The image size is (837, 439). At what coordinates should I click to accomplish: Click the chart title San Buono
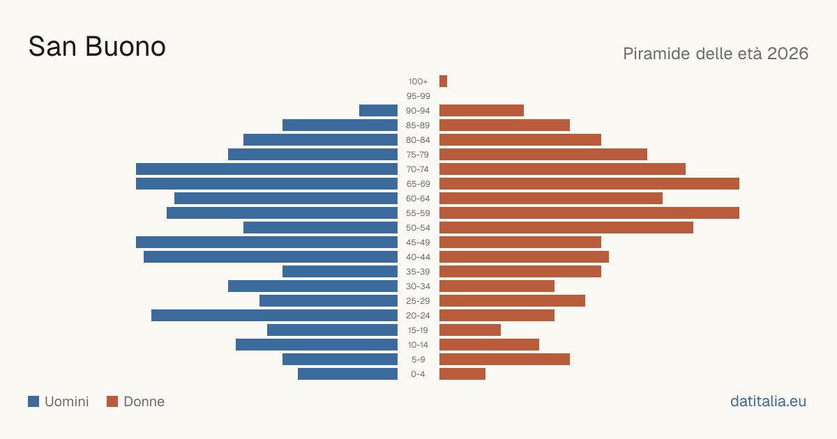[97, 47]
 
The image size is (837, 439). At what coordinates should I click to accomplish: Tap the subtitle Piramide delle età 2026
[716, 54]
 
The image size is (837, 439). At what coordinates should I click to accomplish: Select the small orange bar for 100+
[443, 81]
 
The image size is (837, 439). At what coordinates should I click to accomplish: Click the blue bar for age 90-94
[378, 111]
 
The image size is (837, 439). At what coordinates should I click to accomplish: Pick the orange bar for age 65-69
[589, 184]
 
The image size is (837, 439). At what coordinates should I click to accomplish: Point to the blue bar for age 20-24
[274, 316]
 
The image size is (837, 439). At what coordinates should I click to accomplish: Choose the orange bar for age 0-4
[462, 374]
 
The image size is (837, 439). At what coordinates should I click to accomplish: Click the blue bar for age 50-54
[320, 228]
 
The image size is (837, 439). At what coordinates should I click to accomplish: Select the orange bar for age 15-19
[470, 330]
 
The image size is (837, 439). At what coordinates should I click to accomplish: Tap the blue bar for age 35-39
[340, 271]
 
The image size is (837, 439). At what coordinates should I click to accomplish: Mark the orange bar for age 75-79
[543, 155]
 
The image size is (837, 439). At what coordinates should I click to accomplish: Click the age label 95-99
[418, 96]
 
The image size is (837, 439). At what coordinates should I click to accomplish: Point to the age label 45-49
[418, 242]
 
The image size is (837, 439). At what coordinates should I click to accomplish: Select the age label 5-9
[418, 360]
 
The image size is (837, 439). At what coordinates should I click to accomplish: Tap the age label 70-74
[418, 169]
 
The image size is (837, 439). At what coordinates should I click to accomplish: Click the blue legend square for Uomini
[33, 401]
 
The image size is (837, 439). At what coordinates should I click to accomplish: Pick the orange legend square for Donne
[112, 401]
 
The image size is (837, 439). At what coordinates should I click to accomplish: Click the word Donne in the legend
[144, 401]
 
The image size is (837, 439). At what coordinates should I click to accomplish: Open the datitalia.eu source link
[768, 401]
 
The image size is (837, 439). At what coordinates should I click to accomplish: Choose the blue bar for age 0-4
[347, 374]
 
